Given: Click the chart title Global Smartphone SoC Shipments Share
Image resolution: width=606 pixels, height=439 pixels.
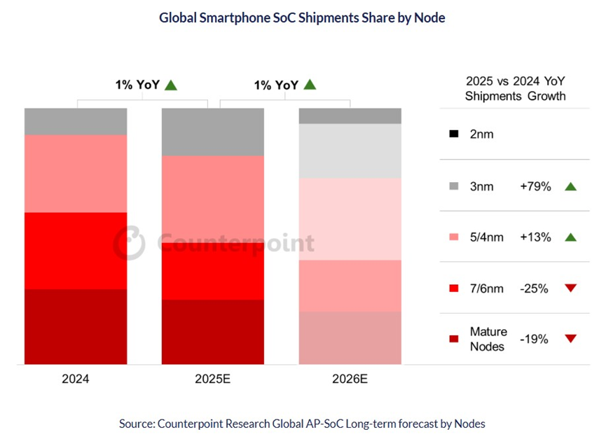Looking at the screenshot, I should point(302,18).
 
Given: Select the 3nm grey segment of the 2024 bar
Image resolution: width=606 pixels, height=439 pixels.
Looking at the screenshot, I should point(76,121).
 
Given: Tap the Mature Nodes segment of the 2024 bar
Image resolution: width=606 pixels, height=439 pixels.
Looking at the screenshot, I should point(76,326).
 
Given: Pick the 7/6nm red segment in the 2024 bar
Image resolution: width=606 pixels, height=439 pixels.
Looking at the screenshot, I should point(76,250).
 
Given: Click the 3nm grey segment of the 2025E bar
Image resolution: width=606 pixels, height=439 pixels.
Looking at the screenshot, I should point(213,132).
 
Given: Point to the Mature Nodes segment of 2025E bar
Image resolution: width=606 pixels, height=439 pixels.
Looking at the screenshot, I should point(213,332).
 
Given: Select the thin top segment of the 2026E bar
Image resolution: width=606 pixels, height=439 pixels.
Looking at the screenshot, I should point(350,116).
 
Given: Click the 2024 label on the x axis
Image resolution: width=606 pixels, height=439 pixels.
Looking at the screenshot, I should point(75,380).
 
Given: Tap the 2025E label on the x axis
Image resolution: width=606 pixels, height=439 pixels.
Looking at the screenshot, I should point(213,380).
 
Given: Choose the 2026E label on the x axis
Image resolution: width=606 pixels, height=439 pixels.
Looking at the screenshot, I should point(350,380).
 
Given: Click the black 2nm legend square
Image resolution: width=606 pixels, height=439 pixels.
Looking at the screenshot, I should point(454,134).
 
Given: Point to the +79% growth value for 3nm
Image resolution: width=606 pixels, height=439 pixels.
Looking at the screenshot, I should point(535,187).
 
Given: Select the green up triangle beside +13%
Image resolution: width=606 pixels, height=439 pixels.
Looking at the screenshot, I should point(570,237).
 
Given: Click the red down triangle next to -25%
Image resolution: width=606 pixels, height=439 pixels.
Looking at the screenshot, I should point(570,288).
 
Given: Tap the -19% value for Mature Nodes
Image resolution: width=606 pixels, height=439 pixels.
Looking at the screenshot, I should point(534,339).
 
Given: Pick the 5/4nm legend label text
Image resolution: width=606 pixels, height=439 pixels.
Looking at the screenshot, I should point(487,237).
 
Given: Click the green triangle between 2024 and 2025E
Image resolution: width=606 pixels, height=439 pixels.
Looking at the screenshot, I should point(171,85).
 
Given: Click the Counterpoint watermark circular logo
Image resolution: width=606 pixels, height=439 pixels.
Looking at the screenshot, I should point(130,243).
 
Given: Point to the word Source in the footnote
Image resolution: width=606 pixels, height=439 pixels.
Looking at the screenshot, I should point(137,423).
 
